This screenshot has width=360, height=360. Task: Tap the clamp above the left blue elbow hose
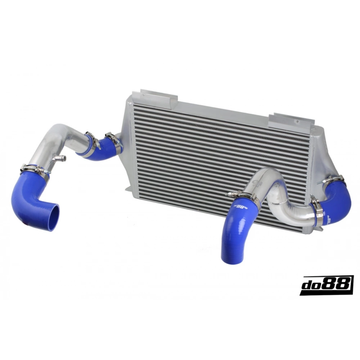(x=35, y=170)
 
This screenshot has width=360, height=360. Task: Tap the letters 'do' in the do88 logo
(x=311, y=286)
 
